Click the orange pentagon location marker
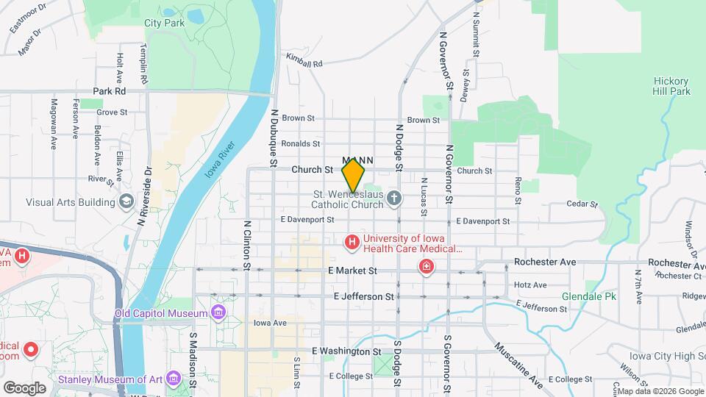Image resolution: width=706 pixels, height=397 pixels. (x=353, y=176)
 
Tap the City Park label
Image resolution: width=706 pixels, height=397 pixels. (x=164, y=23)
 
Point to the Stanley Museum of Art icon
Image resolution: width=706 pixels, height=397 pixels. (x=174, y=379)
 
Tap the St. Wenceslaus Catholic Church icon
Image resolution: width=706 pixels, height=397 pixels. (x=394, y=197)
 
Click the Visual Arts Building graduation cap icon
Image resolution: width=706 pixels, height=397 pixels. (x=126, y=202)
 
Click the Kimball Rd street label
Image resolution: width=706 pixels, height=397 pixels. (x=304, y=63)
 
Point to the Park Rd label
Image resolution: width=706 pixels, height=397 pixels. (x=110, y=91)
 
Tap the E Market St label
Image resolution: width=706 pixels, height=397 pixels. (x=352, y=271)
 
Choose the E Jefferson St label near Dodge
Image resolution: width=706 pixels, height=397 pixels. (x=363, y=296)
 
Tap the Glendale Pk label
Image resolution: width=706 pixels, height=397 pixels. (x=588, y=296)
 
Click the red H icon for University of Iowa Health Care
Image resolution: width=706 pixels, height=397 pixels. (x=352, y=241)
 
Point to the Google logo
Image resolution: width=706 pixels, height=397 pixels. (x=24, y=387)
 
